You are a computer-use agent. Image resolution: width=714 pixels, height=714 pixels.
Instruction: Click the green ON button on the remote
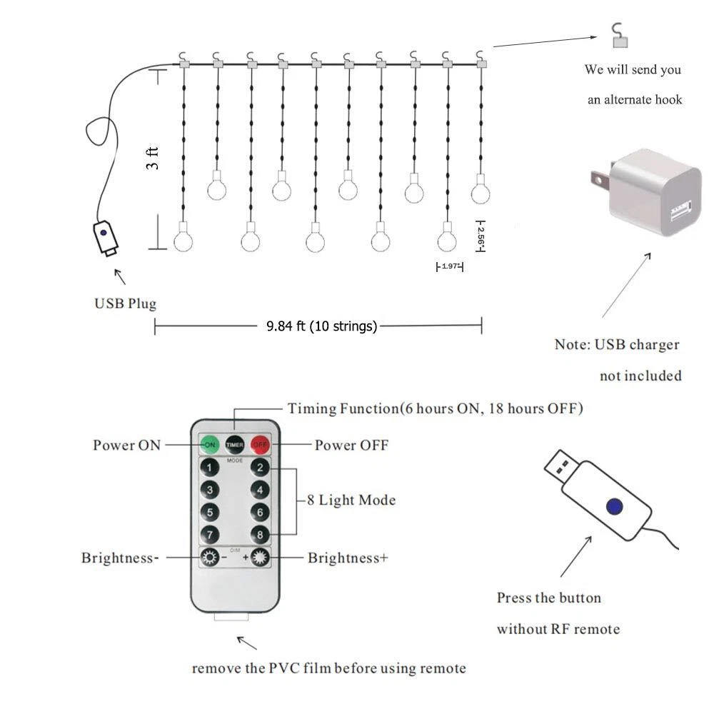(x=209, y=444)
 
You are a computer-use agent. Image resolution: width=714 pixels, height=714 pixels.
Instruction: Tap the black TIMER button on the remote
(x=235, y=444)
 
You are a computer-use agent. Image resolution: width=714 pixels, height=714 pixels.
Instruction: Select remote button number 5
(x=209, y=512)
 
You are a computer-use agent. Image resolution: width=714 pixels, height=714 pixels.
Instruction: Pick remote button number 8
(x=261, y=534)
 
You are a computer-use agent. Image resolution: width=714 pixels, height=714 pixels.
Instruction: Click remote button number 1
(x=209, y=468)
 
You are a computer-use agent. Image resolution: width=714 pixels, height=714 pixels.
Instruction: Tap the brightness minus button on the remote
(x=210, y=558)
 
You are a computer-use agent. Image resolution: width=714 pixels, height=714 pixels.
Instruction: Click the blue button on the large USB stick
(x=612, y=506)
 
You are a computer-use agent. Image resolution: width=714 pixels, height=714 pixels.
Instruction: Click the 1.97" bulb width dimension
(x=450, y=266)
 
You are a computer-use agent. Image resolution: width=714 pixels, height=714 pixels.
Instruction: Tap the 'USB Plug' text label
(x=126, y=303)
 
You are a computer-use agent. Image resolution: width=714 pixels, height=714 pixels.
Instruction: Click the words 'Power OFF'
(x=351, y=446)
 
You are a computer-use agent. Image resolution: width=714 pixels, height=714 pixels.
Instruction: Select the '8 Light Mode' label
(x=351, y=500)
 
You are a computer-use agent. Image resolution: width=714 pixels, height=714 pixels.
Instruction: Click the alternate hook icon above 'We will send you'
(x=619, y=36)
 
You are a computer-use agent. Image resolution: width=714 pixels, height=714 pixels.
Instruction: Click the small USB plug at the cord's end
(x=105, y=238)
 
